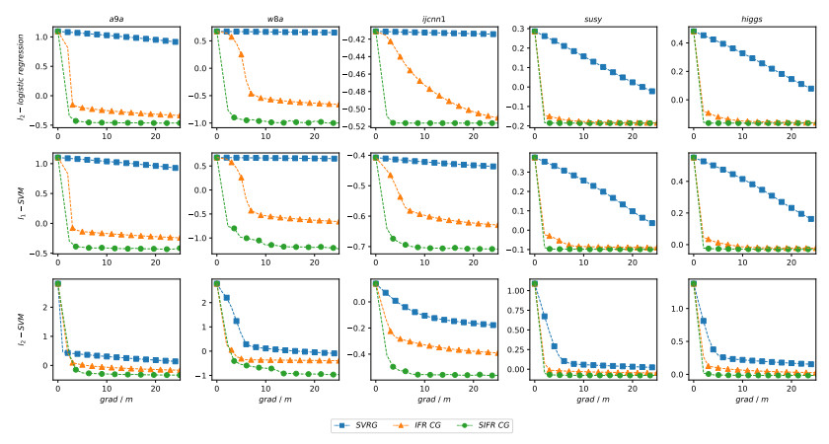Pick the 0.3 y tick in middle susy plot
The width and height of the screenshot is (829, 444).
point(516,172)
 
